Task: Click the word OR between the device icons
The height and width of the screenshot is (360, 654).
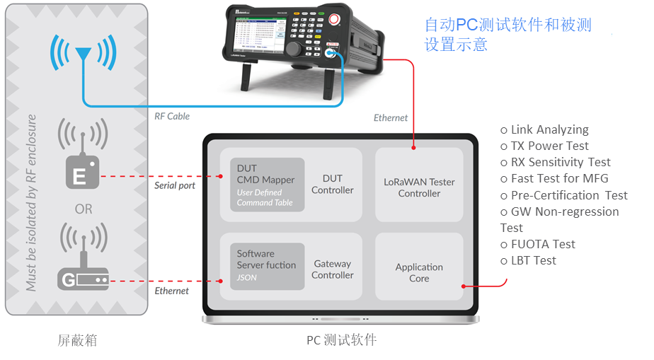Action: [x=83, y=209]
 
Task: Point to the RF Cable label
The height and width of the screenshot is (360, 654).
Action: [x=172, y=116]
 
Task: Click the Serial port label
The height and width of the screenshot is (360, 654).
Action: [x=174, y=186]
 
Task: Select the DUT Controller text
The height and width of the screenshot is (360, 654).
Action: [x=332, y=184]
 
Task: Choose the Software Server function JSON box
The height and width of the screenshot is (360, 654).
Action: [x=266, y=265]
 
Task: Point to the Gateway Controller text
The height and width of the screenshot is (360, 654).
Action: [x=332, y=269]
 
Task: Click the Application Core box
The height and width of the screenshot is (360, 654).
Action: [x=419, y=272]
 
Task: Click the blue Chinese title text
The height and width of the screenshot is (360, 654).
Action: [x=507, y=34]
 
